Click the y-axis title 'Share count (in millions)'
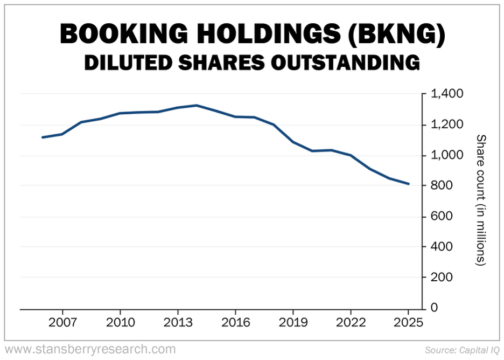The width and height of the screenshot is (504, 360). (x=481, y=200)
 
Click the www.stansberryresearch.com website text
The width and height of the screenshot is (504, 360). (x=90, y=349)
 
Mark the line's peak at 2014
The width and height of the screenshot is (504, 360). (x=197, y=105)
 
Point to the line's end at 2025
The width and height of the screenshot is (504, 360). (x=409, y=184)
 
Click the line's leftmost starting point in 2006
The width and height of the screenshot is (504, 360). (x=43, y=137)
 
